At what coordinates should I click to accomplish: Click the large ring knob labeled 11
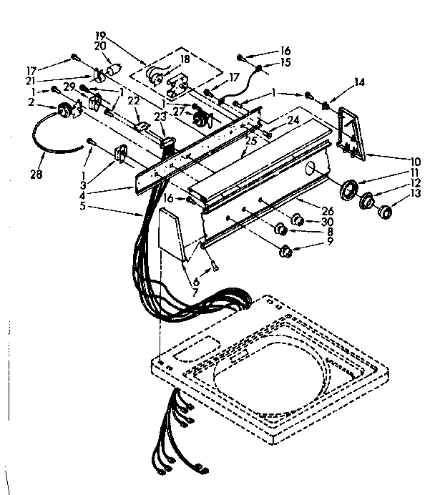351,190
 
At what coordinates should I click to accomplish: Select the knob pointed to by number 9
287,251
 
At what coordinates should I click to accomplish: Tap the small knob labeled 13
385,211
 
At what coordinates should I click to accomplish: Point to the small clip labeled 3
119,153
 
